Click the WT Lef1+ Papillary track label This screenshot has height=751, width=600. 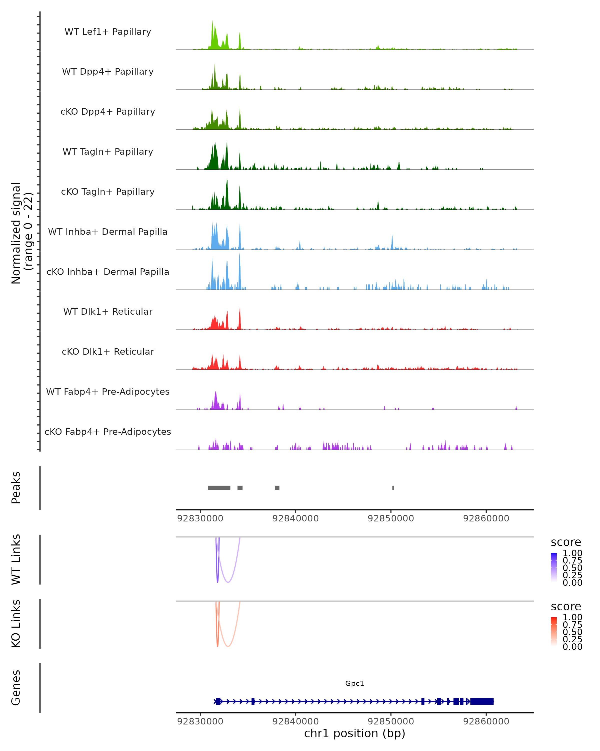point(108,32)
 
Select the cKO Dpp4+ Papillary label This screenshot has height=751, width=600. point(108,112)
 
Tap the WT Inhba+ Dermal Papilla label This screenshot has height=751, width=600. point(108,232)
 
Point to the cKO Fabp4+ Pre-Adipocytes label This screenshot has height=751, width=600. point(108,432)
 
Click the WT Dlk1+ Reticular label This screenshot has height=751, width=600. point(108,312)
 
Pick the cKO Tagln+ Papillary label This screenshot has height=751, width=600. point(108,192)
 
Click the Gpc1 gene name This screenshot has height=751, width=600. point(354,683)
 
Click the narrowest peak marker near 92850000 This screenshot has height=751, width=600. point(393,488)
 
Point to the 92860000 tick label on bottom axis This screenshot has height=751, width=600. point(486,721)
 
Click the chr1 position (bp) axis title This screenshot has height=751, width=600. point(354,733)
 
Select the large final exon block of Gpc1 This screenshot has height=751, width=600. point(482,701)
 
